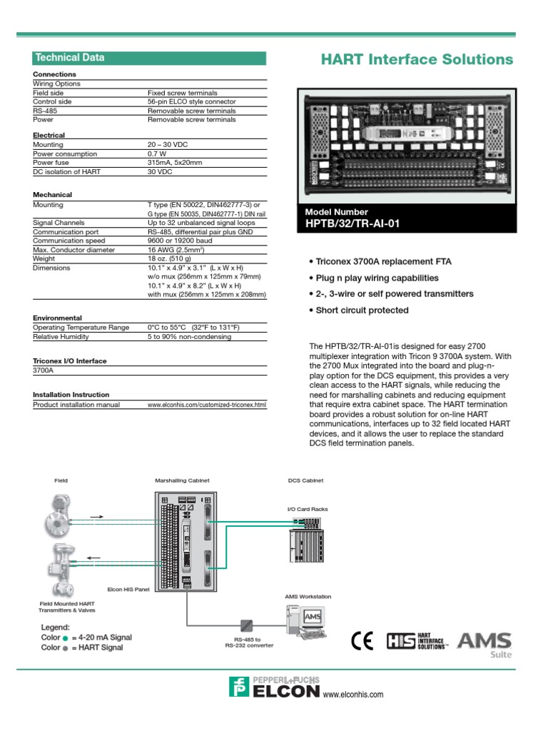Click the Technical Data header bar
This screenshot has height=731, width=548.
click(x=149, y=58)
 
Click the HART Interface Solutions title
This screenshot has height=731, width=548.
click(x=417, y=59)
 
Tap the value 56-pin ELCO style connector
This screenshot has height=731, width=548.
click(x=191, y=102)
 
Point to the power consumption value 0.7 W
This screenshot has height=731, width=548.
click(x=157, y=154)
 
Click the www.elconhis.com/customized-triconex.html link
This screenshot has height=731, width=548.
click(x=206, y=405)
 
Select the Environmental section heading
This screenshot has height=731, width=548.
click(x=58, y=318)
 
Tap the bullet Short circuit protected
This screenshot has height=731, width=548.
click(x=362, y=311)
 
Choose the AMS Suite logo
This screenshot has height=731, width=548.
click(x=485, y=642)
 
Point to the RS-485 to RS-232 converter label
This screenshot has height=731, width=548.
click(x=248, y=642)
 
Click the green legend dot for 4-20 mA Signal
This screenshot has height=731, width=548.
click(x=66, y=638)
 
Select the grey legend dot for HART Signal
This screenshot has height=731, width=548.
click(x=66, y=648)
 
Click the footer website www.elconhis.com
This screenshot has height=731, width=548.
click(x=353, y=695)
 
